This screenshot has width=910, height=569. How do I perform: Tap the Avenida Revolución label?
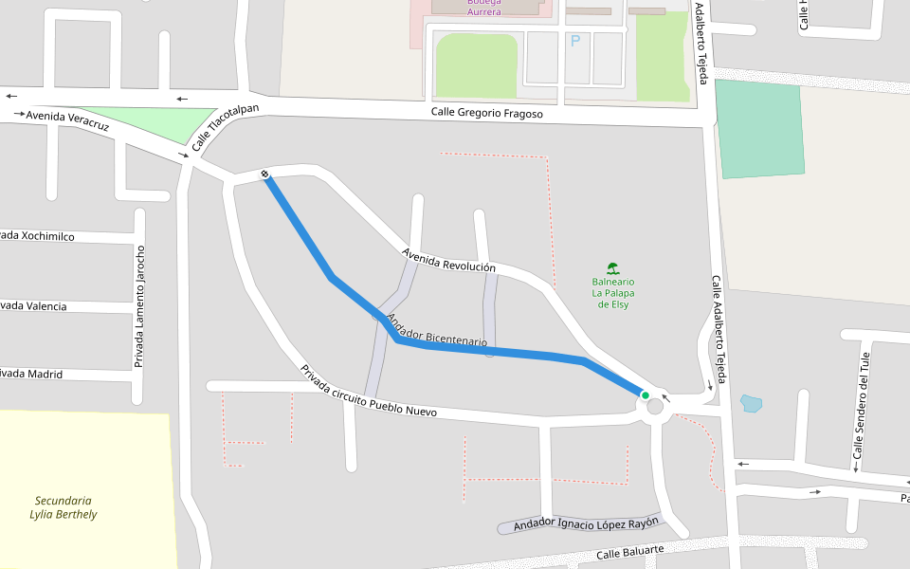448,261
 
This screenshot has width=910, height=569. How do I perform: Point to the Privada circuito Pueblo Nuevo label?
368,391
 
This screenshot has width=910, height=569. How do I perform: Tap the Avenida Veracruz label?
67,120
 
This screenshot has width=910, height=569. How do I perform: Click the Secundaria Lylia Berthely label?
64,507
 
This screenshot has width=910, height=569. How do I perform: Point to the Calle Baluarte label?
630,552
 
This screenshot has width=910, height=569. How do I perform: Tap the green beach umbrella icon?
612,268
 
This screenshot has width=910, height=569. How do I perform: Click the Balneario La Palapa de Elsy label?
612,293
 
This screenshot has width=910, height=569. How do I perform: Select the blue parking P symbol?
573,41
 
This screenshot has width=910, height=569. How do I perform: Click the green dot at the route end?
646,395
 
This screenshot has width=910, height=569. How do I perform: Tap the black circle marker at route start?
264,174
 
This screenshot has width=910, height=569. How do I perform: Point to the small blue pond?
751,403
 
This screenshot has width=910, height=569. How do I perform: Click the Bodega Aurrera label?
483,7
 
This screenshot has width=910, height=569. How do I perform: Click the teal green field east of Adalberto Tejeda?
760,129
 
